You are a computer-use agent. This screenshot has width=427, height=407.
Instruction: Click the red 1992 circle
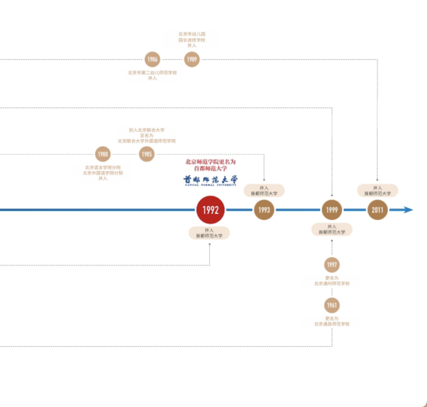point(210,210)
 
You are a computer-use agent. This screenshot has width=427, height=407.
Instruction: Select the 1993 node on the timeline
point(264,210)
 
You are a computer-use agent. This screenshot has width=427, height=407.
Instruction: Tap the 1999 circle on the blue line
point(332,210)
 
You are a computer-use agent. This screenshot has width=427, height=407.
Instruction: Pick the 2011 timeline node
point(378,210)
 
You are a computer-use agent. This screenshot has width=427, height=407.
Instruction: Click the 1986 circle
point(152,59)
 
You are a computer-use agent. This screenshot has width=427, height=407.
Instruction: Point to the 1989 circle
point(192,59)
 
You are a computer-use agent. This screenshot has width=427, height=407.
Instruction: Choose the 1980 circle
point(103,154)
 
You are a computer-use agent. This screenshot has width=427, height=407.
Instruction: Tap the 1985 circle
point(147,154)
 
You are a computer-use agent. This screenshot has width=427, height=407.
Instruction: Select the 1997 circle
point(332,265)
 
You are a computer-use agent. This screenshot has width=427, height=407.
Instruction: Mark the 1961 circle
point(332,305)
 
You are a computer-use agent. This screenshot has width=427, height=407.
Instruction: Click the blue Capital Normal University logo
point(210,180)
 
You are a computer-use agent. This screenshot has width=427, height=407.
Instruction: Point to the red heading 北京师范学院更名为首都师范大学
point(210,165)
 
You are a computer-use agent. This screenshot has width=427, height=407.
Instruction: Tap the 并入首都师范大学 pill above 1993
point(264,191)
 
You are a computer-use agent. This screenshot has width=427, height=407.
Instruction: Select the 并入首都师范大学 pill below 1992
point(209,233)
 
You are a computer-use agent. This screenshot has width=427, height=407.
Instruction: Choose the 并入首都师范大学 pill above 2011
point(378,191)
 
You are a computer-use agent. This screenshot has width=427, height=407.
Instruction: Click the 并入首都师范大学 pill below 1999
point(332,229)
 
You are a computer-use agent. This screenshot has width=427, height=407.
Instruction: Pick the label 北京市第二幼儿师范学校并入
point(152,75)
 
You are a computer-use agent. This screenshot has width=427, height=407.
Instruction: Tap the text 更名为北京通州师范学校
point(332,281)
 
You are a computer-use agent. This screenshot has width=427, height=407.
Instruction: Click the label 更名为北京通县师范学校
point(332,321)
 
